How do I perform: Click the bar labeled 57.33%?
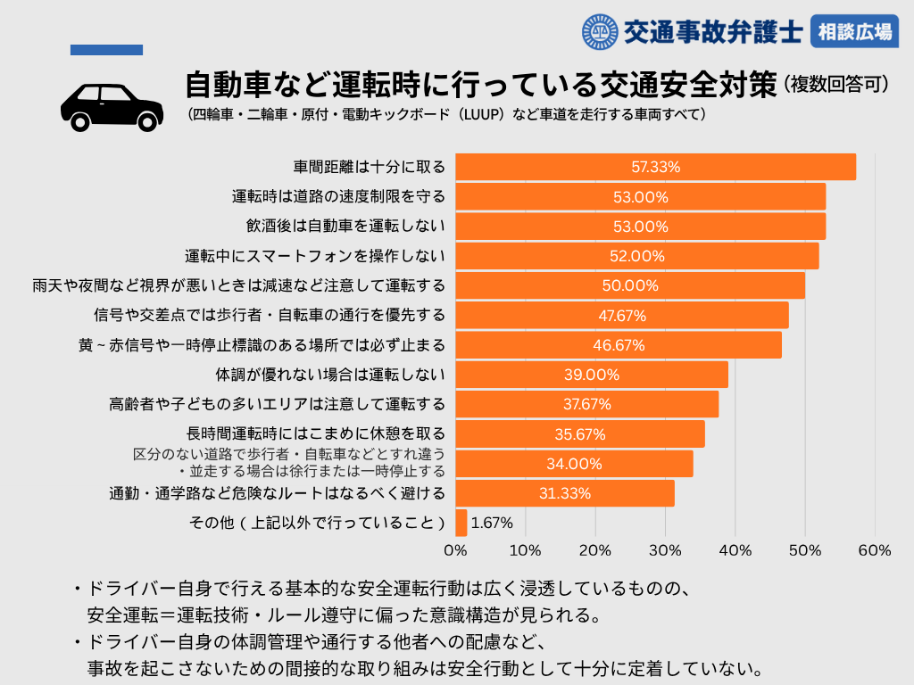[655, 167]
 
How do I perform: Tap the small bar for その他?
[461, 523]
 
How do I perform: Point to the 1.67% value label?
[492, 524]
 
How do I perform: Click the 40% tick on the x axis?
[735, 550]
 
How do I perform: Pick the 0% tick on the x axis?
[456, 550]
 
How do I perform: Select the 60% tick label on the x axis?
[874, 550]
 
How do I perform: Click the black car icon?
[112, 106]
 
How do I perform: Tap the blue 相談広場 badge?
[854, 33]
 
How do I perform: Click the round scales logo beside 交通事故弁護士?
[600, 33]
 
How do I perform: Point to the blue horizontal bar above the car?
[106, 50]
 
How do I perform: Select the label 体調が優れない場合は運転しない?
[330, 375]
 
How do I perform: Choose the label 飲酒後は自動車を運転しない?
[345, 227]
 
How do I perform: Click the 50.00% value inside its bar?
[630, 285]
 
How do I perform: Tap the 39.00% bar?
[592, 375]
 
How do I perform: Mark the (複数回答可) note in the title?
[837, 85]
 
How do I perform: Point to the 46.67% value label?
[619, 345]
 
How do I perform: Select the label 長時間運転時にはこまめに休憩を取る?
[315, 434]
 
